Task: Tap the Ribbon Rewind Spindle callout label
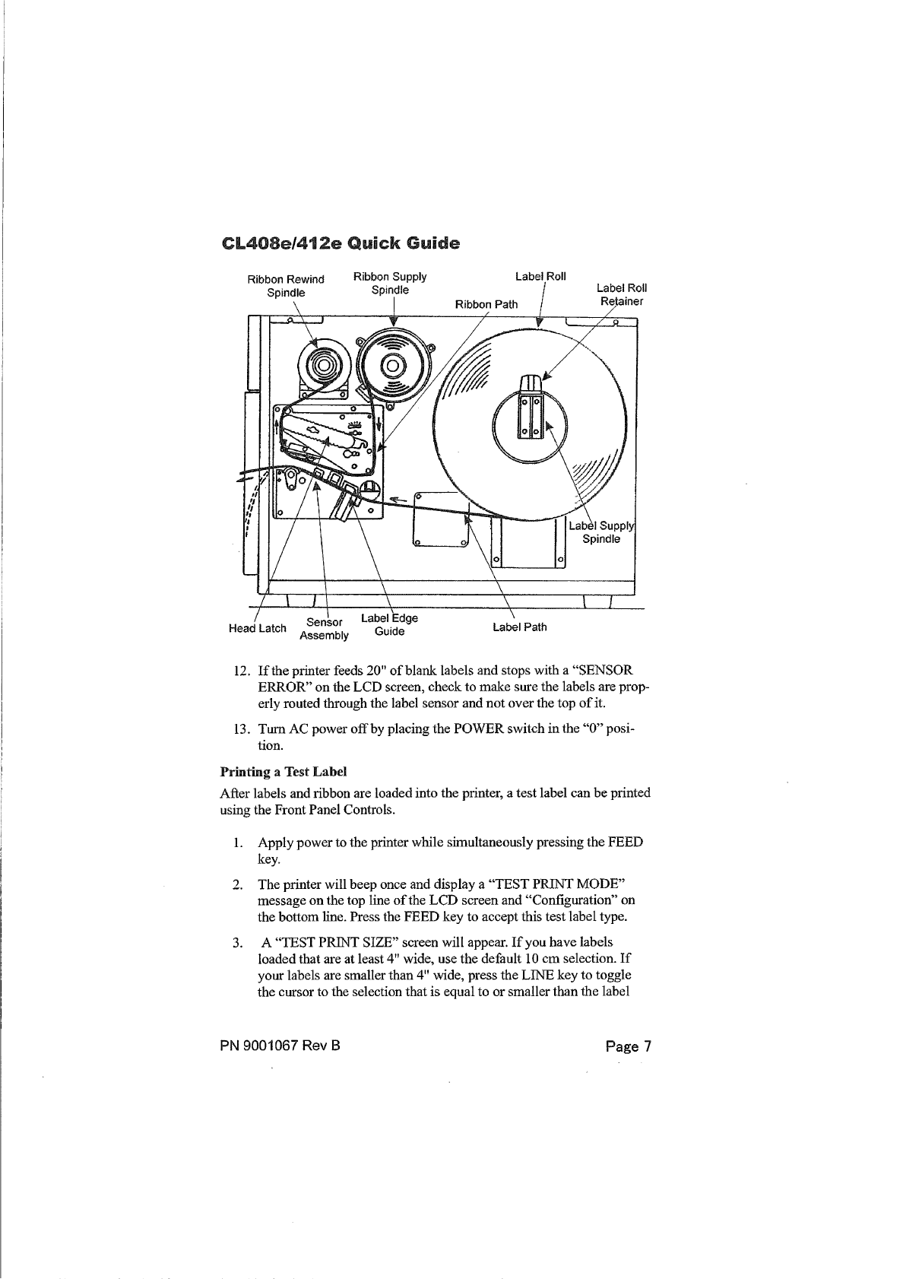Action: click(x=286, y=285)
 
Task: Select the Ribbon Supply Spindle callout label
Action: click(x=390, y=283)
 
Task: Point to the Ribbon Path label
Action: click(x=486, y=304)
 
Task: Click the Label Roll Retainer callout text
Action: click(x=621, y=294)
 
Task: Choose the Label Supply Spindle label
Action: click(x=601, y=532)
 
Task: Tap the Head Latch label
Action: click(x=258, y=628)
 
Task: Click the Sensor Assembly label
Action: click(x=325, y=629)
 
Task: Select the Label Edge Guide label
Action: click(x=389, y=624)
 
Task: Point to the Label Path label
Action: click(x=519, y=627)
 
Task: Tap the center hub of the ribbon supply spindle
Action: click(x=391, y=367)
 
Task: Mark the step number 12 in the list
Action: click(x=242, y=671)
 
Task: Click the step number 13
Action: click(x=242, y=729)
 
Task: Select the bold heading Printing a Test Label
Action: click(x=284, y=772)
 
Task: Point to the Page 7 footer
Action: click(x=629, y=1046)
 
